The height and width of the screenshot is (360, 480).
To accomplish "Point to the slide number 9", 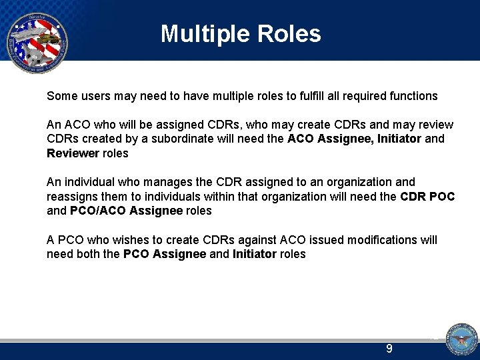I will [389, 349].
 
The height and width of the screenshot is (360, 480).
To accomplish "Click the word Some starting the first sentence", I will [61, 96].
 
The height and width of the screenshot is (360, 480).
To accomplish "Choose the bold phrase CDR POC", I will [427, 196].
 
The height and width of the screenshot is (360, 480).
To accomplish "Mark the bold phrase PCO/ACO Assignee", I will [126, 211].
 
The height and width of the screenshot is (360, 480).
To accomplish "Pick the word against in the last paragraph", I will [255, 239].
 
